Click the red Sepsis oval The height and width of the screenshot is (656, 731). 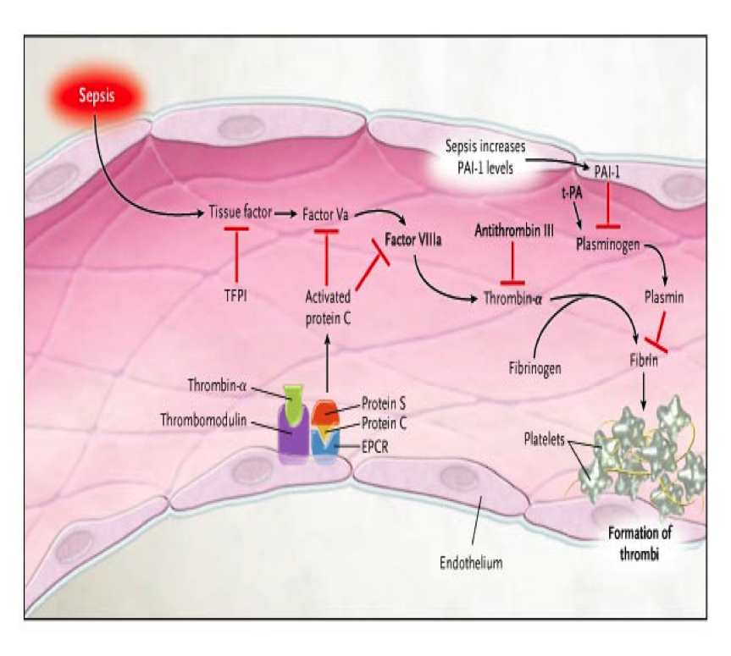(x=97, y=96)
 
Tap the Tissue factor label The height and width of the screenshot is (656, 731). (x=240, y=212)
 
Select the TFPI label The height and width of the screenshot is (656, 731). (x=235, y=295)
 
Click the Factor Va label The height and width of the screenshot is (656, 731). (x=325, y=214)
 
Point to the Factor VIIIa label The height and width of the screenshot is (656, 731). (x=413, y=240)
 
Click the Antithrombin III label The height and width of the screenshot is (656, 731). (x=514, y=230)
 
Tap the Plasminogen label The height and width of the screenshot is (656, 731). (x=608, y=245)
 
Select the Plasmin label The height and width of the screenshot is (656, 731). (x=664, y=297)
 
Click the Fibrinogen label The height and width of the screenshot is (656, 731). (x=534, y=368)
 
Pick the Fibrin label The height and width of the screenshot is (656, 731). (x=644, y=360)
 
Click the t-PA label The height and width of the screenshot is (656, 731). (x=572, y=192)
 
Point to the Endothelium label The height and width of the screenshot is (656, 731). (x=471, y=563)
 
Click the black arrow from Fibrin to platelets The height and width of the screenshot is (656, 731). (x=644, y=391)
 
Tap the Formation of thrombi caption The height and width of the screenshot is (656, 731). (x=640, y=543)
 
